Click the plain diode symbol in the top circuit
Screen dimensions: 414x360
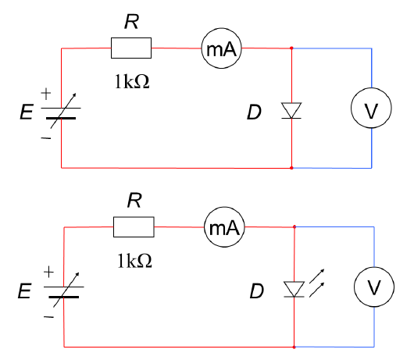pyautogui.click(x=291, y=111)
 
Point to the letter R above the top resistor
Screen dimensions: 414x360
pyautogui.click(x=131, y=22)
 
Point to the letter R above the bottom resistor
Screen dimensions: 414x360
pyautogui.click(x=134, y=201)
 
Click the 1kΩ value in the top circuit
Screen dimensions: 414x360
pyautogui.click(x=132, y=81)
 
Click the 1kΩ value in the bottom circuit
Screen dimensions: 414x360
pyautogui.click(x=135, y=261)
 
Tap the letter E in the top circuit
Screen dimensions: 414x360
pyautogui.click(x=27, y=112)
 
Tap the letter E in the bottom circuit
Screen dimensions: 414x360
pyautogui.click(x=24, y=290)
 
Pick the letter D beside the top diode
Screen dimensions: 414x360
pyautogui.click(x=254, y=112)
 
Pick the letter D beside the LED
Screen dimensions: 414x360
pyautogui.click(x=257, y=291)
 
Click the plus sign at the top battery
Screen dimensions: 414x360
pyautogui.click(x=46, y=94)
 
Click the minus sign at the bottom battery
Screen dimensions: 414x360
pyautogui.click(x=49, y=317)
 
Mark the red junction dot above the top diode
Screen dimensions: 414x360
pyautogui.click(x=291, y=48)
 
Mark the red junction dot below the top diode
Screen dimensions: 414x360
pyautogui.click(x=291, y=168)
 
